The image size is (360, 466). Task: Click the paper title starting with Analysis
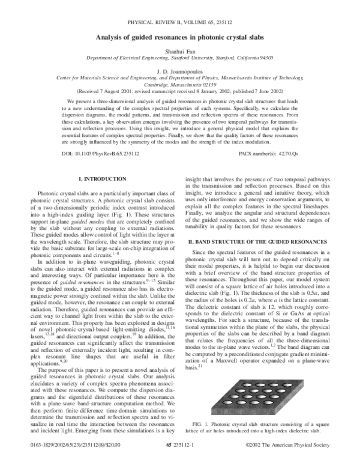click(x=180, y=37)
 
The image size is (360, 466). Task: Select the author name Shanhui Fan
click(x=180, y=53)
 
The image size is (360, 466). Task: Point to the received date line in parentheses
click(x=180, y=92)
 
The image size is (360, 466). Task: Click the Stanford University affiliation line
click(x=180, y=60)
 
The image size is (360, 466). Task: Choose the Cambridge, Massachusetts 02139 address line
click(x=180, y=85)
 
